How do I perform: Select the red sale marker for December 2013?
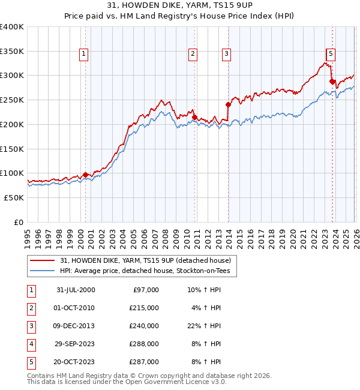(228, 104)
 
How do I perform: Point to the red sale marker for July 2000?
(85, 175)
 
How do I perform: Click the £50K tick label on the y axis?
(14, 197)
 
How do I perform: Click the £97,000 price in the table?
(145, 290)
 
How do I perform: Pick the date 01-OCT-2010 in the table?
(75, 308)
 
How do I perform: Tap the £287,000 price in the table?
(145, 362)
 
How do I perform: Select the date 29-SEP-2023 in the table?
(75, 344)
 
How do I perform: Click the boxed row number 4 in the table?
(31, 344)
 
